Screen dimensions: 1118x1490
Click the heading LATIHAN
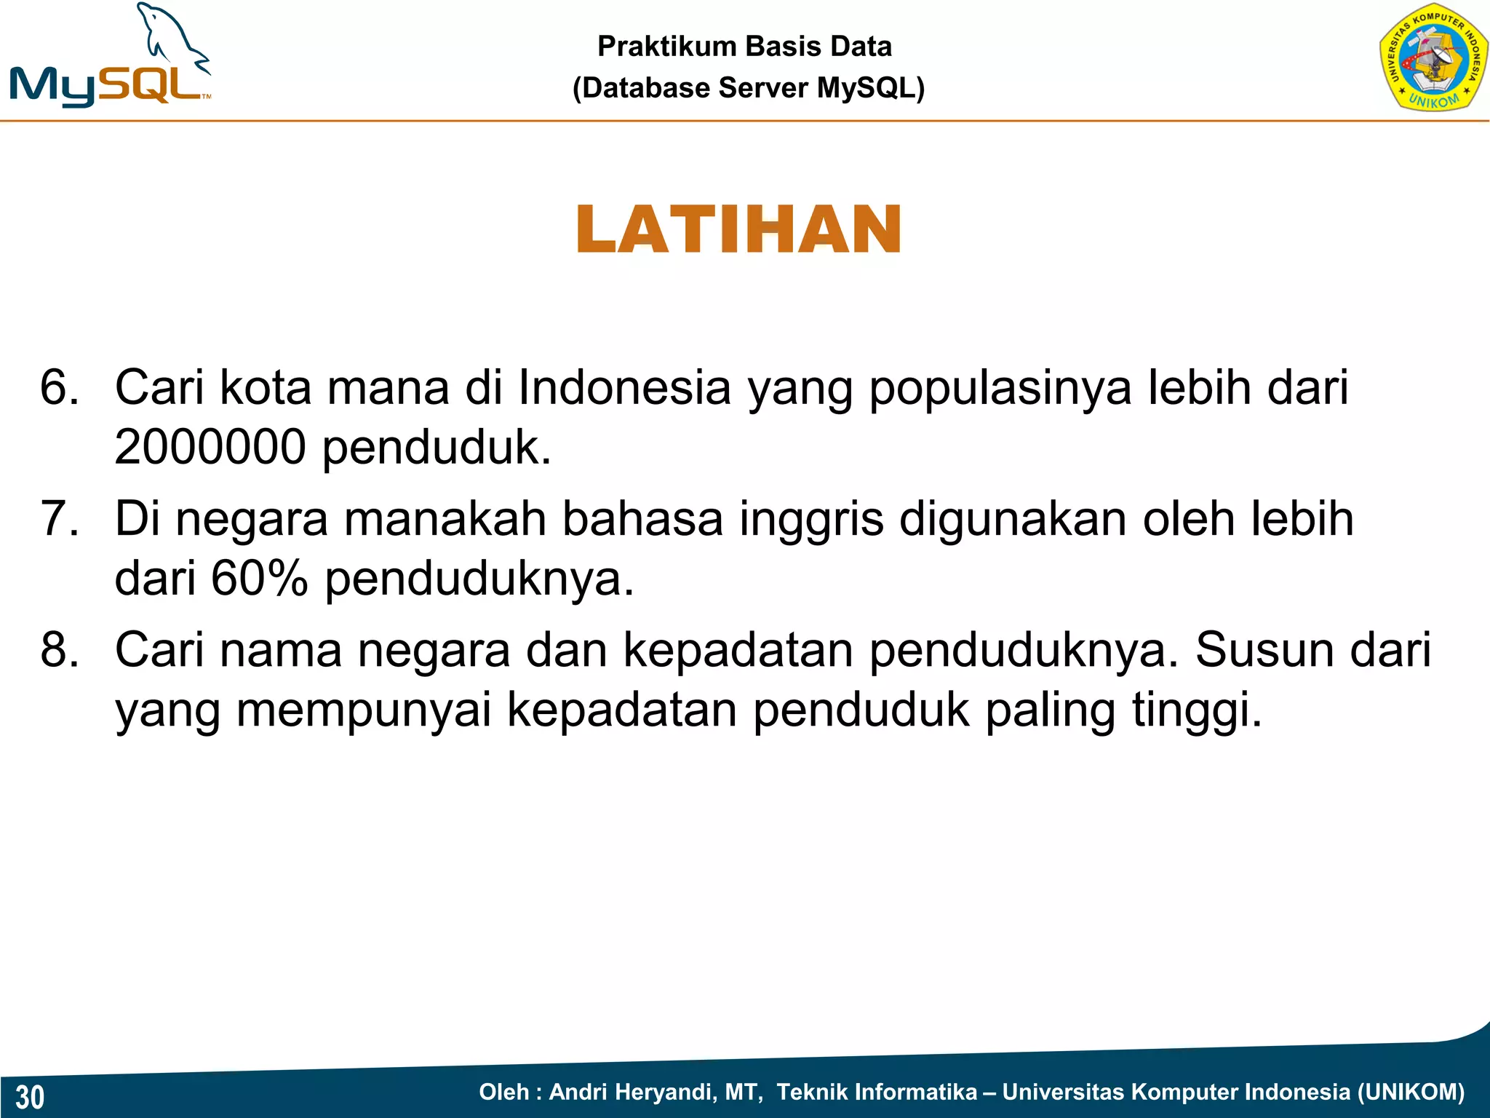coord(738,230)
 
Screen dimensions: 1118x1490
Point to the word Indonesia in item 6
coord(624,387)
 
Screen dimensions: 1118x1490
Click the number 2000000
coord(210,447)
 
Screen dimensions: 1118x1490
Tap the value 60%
coord(259,579)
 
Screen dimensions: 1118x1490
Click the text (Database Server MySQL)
coord(748,88)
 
